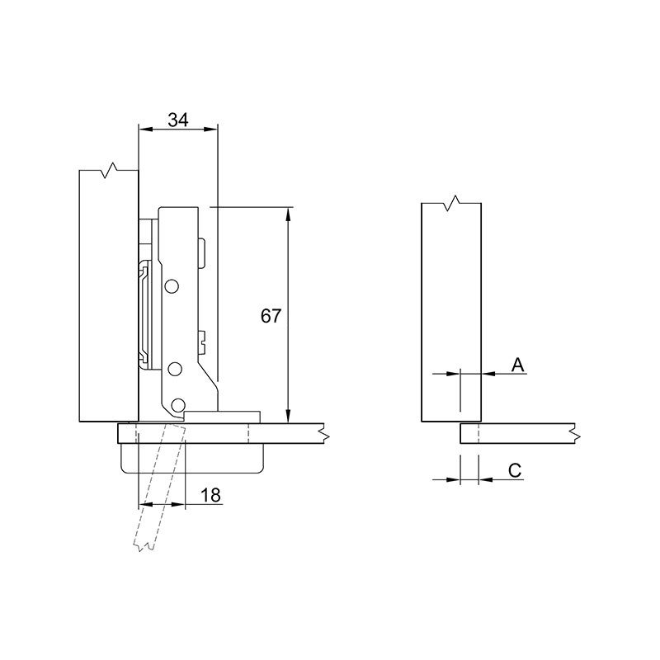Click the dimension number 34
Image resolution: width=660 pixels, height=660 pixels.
click(x=178, y=120)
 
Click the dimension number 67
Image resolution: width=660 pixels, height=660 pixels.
click(x=271, y=316)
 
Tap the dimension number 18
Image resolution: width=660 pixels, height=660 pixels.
click(x=210, y=496)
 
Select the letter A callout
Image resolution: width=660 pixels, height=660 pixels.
click(x=518, y=365)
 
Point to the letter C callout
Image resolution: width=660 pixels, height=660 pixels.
click(x=515, y=470)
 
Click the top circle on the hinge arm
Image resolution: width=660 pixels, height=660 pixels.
click(x=172, y=286)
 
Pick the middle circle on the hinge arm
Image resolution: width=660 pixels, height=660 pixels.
click(x=173, y=369)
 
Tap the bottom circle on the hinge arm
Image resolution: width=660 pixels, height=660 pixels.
click(x=178, y=405)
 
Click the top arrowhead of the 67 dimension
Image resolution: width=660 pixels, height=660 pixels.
click(x=288, y=214)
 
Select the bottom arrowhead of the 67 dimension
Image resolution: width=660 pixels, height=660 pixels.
click(x=288, y=416)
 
